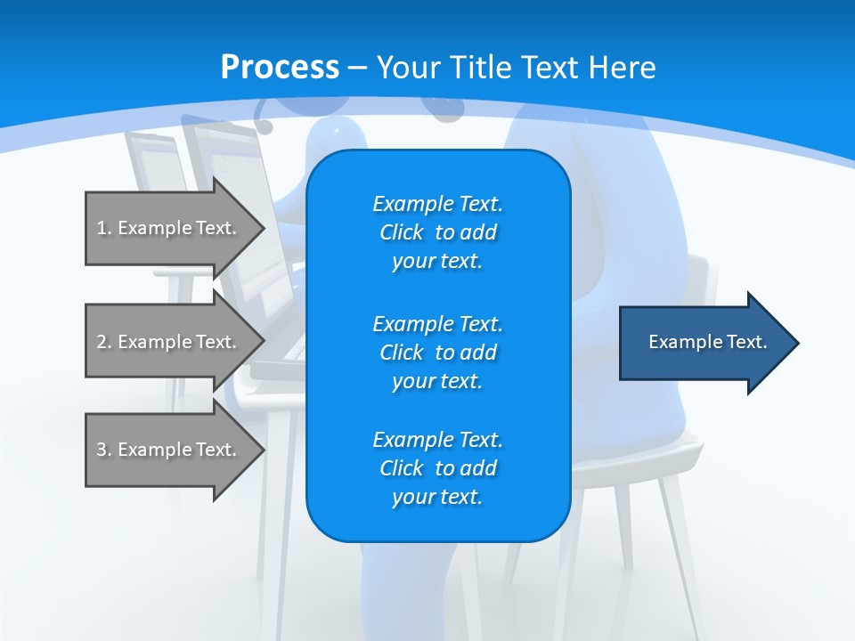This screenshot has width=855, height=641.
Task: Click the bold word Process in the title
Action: click(280, 68)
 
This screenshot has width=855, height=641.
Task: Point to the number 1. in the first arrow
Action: click(104, 228)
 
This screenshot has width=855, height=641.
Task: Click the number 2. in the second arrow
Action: click(104, 342)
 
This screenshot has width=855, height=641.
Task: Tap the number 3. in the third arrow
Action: click(104, 450)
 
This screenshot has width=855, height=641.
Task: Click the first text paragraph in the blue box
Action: click(437, 232)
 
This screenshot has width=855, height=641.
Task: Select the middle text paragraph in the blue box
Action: click(437, 352)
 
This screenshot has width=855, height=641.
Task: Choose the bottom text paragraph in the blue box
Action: click(437, 468)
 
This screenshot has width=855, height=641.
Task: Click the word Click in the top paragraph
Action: click(402, 232)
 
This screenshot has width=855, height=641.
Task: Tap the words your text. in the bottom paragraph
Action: click(437, 497)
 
